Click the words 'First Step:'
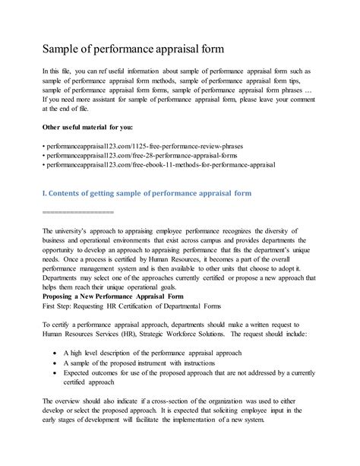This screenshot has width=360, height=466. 61,306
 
